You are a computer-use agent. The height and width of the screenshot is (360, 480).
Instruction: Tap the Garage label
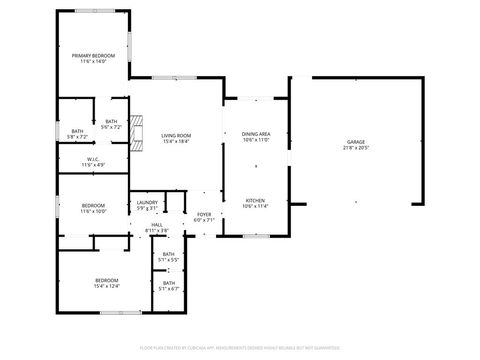pos(356,142)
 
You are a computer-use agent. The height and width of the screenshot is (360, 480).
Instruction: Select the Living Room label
pos(176,135)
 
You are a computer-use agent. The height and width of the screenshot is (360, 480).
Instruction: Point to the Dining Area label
pos(257,133)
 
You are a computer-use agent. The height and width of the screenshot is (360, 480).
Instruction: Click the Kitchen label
pos(257,200)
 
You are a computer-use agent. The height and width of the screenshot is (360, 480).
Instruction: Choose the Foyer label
pos(204,214)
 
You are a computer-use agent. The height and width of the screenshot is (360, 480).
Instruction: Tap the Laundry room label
pos(147,203)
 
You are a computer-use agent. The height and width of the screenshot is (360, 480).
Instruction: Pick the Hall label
pos(157,225)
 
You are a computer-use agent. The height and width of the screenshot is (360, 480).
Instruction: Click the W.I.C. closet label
pos(92,158)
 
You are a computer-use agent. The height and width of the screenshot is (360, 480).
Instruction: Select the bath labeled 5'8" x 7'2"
pos(77,131)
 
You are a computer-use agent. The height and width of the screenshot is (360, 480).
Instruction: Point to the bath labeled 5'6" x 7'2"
pos(112,122)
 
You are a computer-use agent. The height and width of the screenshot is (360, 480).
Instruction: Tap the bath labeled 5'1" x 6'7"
pos(169,283)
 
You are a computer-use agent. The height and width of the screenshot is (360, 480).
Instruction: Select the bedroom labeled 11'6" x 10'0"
pos(92,206)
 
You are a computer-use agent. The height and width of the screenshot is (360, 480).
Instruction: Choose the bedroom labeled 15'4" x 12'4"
pos(106,279)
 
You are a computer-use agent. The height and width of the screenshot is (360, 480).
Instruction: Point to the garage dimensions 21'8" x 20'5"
pos(356,148)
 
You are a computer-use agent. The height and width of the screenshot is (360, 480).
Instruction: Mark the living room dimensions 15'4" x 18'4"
pos(176,141)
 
